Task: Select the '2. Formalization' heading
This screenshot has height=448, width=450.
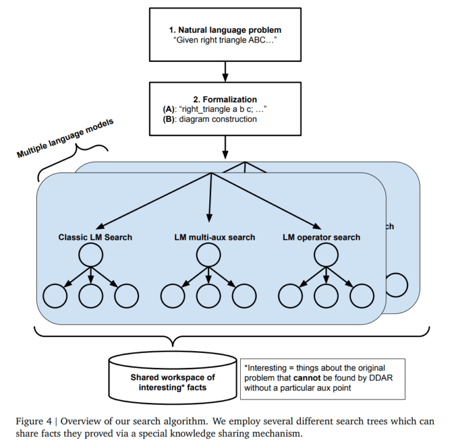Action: [225, 99]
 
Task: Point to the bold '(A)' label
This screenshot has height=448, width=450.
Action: [169, 109]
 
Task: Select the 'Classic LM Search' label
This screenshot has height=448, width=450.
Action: [95, 237]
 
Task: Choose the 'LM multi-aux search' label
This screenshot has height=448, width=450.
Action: [215, 237]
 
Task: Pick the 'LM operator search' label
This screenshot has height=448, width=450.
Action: [321, 237]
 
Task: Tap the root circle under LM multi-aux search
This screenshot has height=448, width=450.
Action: [209, 256]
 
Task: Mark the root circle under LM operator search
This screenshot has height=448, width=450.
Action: [326, 256]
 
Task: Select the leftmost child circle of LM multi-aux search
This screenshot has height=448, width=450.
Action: [173, 296]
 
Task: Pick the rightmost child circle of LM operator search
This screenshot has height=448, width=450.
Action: [362, 296]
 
